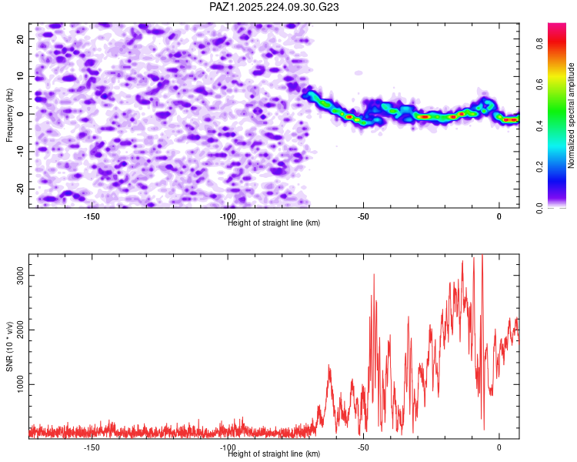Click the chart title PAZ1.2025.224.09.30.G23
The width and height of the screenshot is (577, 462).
click(x=274, y=7)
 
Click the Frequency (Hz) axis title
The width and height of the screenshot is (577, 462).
click(x=9, y=115)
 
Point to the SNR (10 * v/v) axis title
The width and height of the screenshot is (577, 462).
click(x=9, y=346)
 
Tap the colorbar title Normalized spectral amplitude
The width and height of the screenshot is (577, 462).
click(x=571, y=115)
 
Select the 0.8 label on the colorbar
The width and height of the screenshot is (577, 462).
click(x=539, y=44)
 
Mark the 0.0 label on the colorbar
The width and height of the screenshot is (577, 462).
click(x=539, y=208)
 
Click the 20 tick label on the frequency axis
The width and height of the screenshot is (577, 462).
click(x=21, y=39)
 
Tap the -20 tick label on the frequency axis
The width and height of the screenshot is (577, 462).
click(x=21, y=189)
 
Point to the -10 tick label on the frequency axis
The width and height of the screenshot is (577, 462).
click(x=21, y=152)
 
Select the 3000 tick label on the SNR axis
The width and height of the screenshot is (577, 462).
click(x=21, y=276)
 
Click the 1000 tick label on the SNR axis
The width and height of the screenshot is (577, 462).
click(x=21, y=385)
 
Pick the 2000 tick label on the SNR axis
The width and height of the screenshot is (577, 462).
click(x=21, y=330)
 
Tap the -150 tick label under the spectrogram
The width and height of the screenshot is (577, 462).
click(x=92, y=216)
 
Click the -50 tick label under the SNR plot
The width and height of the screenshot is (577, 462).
click(x=363, y=447)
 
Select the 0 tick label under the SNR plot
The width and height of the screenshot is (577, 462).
click(x=499, y=447)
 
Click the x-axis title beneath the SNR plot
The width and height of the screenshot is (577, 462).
click(x=274, y=454)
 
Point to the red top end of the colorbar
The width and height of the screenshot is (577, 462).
click(x=557, y=25)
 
